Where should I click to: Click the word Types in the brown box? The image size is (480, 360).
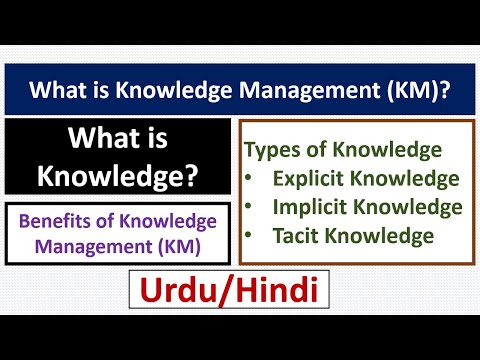pyautogui.click(x=273, y=151)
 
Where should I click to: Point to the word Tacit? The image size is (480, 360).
pyautogui.click(x=296, y=236)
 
